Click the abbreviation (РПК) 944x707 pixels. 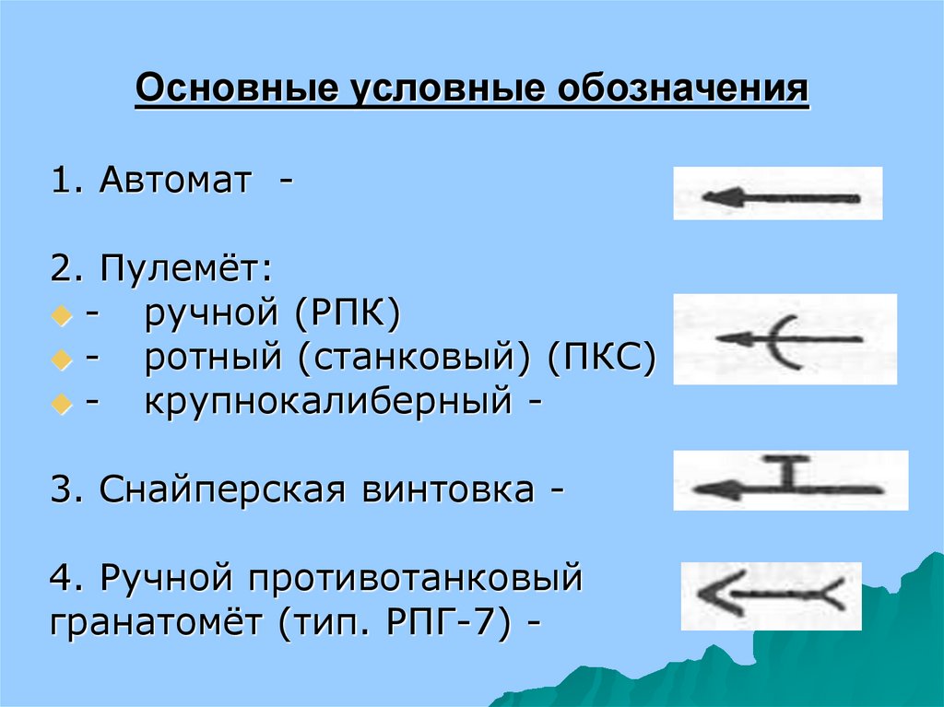[x=348, y=316]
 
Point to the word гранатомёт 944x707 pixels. [x=157, y=622]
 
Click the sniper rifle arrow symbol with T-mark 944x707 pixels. [x=789, y=480]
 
